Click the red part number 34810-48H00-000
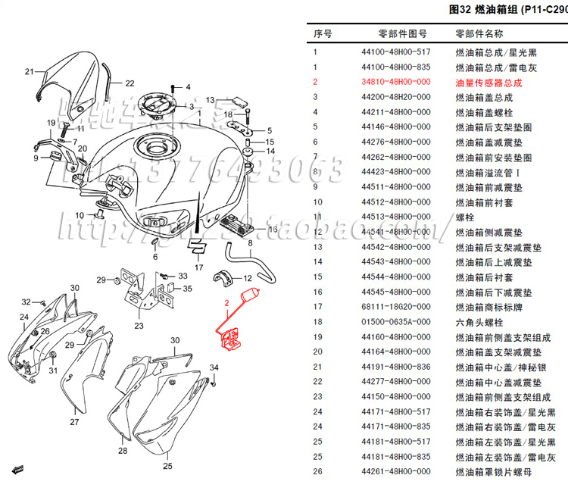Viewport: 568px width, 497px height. click(395, 82)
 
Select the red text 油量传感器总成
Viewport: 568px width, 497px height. click(488, 82)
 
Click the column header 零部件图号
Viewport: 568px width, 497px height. click(403, 34)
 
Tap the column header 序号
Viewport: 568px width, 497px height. click(323, 34)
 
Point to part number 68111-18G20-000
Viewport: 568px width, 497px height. click(395, 307)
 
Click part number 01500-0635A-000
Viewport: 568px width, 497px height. click(395, 322)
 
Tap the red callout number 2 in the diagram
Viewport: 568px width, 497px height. click(226, 303)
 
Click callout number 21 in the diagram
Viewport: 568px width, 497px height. click(30, 72)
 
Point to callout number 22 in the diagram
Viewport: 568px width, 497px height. click(130, 83)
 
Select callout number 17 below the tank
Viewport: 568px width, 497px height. click(198, 267)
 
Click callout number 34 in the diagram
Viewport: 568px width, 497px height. click(214, 368)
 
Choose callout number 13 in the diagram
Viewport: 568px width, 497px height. click(211, 99)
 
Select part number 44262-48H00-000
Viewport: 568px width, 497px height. click(395, 157)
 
